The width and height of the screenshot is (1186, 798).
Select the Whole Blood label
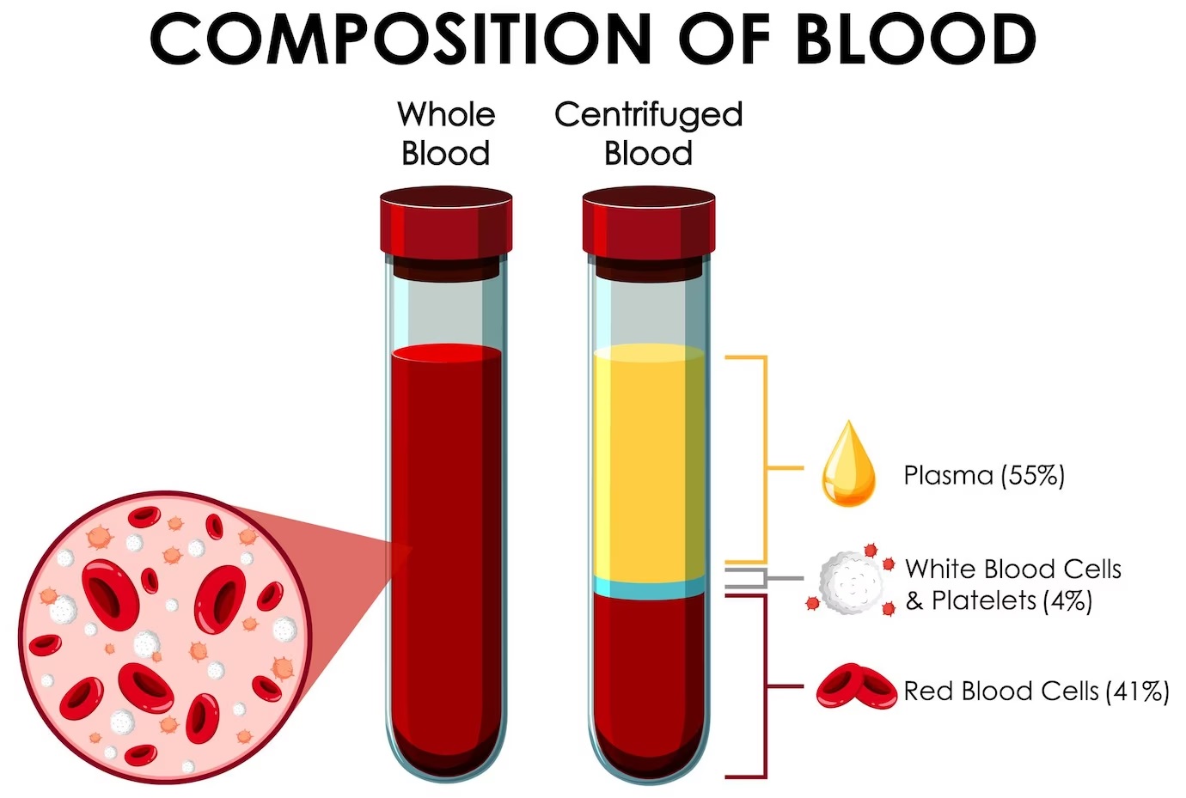446,133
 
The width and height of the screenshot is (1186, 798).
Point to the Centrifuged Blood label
649,133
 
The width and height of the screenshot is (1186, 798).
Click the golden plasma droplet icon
848,464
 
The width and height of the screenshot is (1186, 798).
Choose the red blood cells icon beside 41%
856,686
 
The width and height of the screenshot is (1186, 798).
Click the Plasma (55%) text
984,475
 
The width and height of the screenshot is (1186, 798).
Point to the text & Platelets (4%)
999,600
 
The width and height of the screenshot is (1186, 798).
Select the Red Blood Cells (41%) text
1036,691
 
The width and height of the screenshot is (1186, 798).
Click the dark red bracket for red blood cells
766,686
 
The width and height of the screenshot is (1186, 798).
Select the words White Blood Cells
1013,569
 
